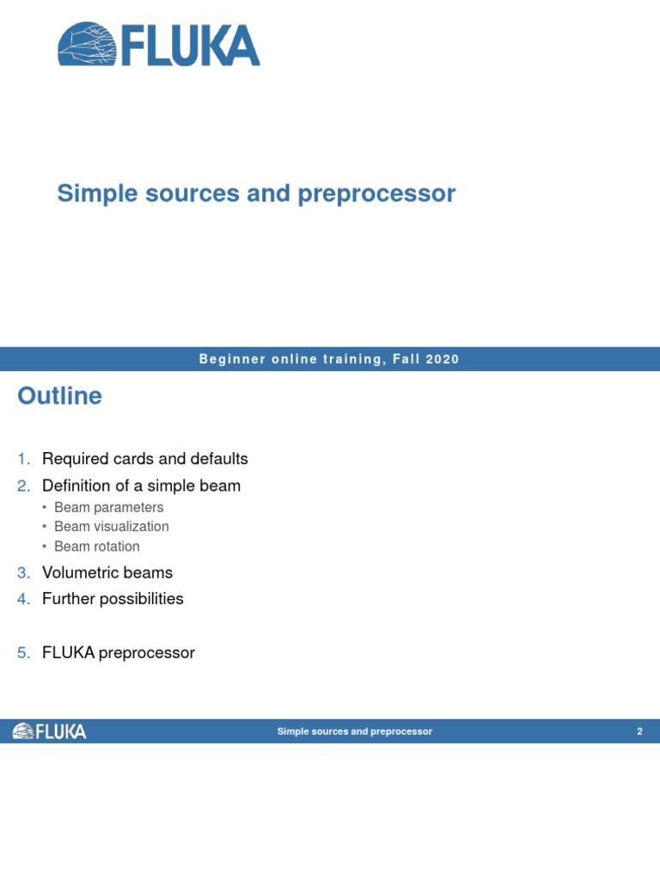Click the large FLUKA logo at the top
point(159,45)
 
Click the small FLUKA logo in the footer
point(49,731)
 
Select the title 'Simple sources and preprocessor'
point(256,193)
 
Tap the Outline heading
point(59,396)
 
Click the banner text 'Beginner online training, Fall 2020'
point(329,359)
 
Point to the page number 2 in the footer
point(639,731)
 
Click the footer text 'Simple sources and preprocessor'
point(354,731)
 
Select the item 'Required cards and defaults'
point(144,459)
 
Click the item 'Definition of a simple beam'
point(141,486)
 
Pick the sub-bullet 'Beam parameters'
point(108,507)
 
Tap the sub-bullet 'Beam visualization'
point(111,527)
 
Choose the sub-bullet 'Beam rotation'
point(96,547)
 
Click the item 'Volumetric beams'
point(107,572)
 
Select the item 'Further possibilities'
point(113,599)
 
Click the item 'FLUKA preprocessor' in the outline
point(118,653)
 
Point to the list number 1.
point(22,459)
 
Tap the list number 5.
point(22,653)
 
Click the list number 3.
point(22,572)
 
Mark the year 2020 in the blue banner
point(440,359)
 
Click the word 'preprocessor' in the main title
point(376,193)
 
